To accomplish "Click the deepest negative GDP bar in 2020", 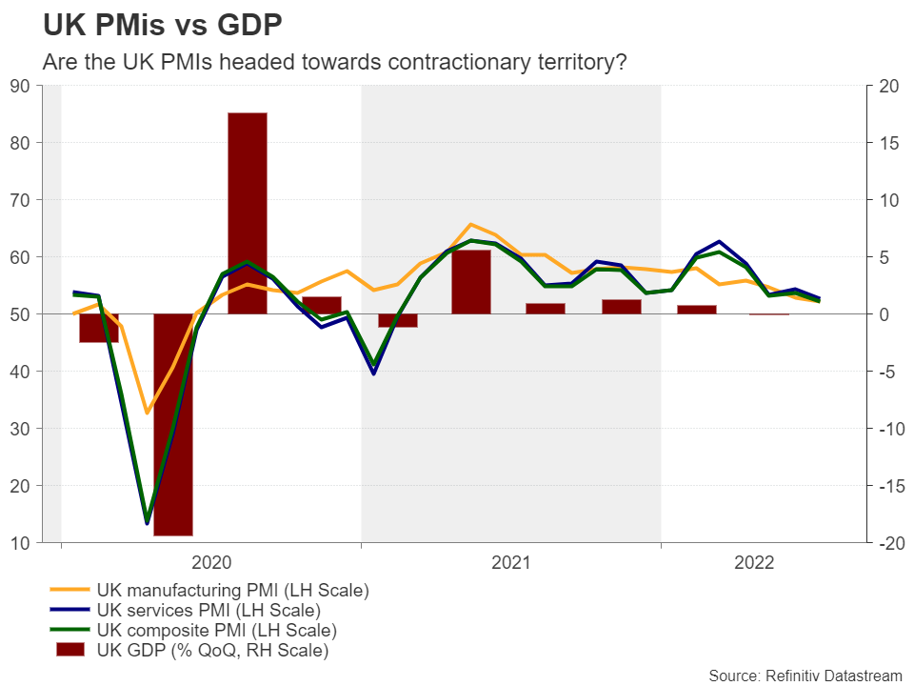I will point(173,424).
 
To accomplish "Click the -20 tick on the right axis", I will point(887,543).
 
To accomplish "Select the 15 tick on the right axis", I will point(887,143).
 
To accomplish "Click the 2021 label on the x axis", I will point(511,563).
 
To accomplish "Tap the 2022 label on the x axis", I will point(755,563).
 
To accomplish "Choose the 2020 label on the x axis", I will point(212,563).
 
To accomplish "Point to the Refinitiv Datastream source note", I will point(805,676).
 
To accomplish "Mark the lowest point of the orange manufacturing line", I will point(148,413).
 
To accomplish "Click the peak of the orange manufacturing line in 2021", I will point(471,225).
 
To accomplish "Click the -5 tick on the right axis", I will point(887,372).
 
